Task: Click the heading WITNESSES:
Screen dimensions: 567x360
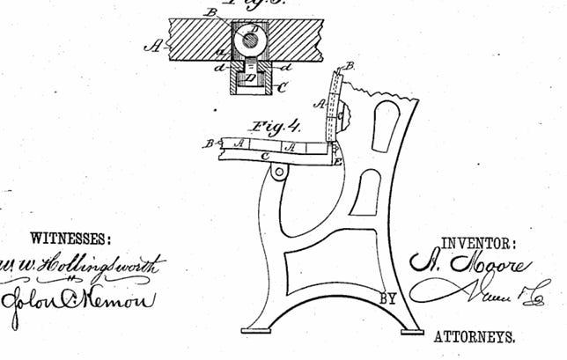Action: [70, 238]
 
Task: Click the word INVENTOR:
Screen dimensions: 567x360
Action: [479, 244]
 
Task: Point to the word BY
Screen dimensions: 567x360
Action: [388, 299]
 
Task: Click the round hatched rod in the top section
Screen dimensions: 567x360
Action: [252, 40]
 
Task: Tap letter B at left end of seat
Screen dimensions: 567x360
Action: [210, 142]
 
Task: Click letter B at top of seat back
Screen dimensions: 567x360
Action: [351, 66]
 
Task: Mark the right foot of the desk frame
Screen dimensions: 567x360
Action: [414, 331]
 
